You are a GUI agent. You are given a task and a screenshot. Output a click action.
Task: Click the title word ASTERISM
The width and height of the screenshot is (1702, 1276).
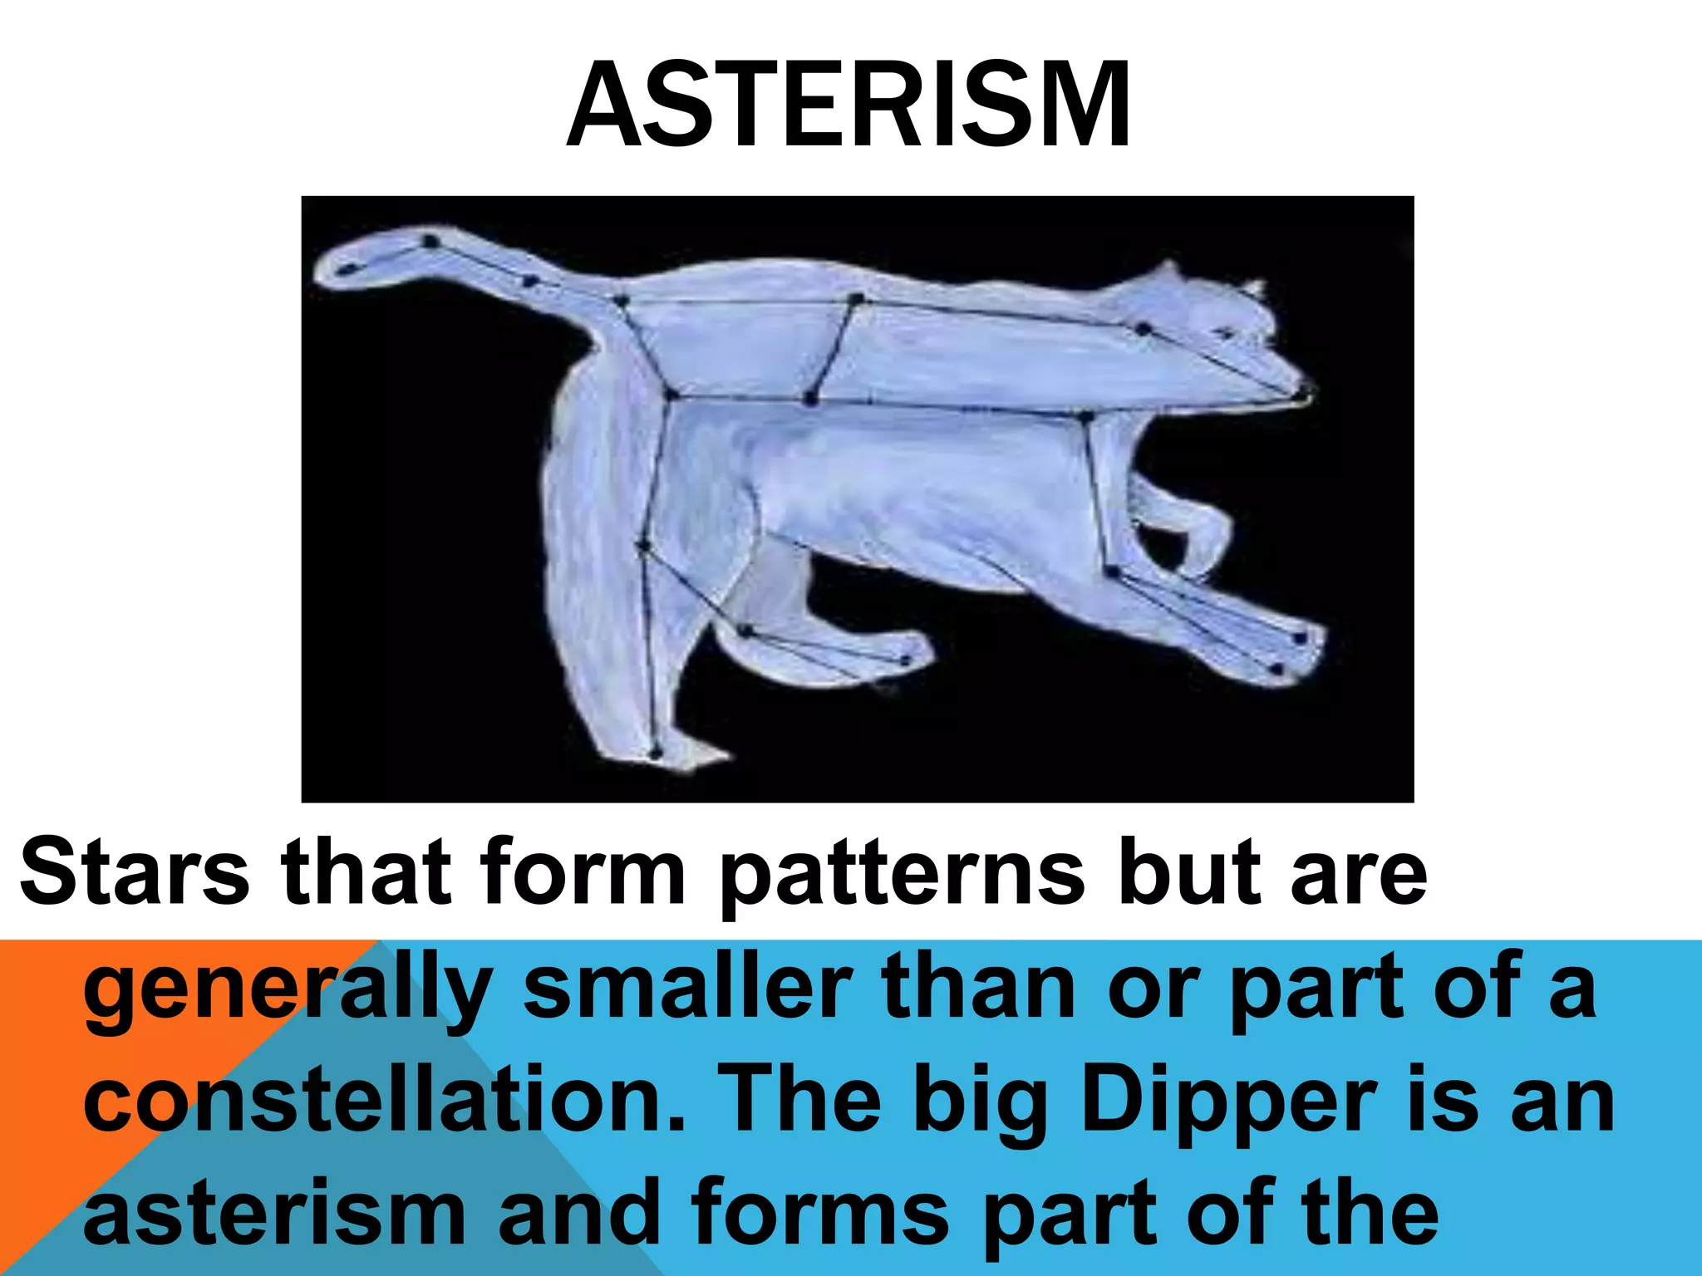(x=849, y=106)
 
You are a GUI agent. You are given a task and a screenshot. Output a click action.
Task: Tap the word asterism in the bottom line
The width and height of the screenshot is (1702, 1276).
(x=274, y=1214)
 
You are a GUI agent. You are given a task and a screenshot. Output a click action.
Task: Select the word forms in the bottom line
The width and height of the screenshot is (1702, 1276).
(x=819, y=1214)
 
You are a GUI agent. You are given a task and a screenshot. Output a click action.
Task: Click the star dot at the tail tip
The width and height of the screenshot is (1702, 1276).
(x=349, y=268)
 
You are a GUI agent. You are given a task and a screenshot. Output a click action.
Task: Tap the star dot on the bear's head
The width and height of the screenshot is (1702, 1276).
(x=1144, y=329)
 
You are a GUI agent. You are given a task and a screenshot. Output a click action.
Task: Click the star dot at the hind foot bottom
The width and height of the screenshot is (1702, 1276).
(x=655, y=753)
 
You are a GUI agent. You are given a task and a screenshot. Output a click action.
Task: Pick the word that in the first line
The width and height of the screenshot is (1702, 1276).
(x=366, y=872)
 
